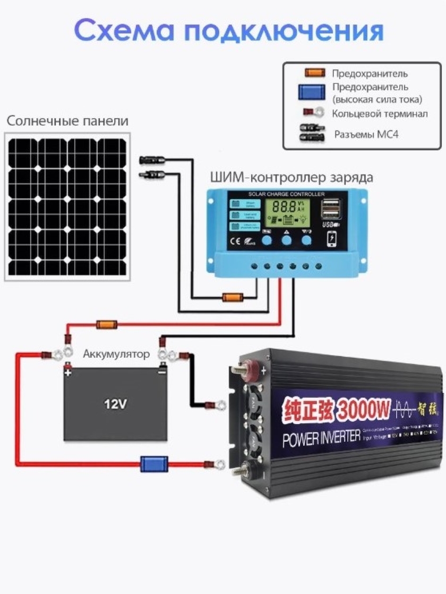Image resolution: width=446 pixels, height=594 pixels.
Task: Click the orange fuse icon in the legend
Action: coord(314,73)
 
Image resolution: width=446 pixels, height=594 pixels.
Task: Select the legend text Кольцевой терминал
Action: coord(379,114)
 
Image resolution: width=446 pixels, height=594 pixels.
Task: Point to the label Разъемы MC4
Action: coord(366,134)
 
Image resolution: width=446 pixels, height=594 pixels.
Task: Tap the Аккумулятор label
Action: coord(116,354)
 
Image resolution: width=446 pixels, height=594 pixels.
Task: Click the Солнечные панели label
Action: coord(67,121)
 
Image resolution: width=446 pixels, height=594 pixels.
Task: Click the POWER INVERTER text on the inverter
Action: coord(321,425)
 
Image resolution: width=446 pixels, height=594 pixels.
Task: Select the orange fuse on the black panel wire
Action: coord(233,297)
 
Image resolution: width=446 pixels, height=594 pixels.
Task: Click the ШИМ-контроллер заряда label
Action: coord(291,177)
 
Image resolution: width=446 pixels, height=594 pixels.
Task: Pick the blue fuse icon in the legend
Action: coord(311,91)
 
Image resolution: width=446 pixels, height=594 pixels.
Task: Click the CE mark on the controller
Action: coord(236,244)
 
